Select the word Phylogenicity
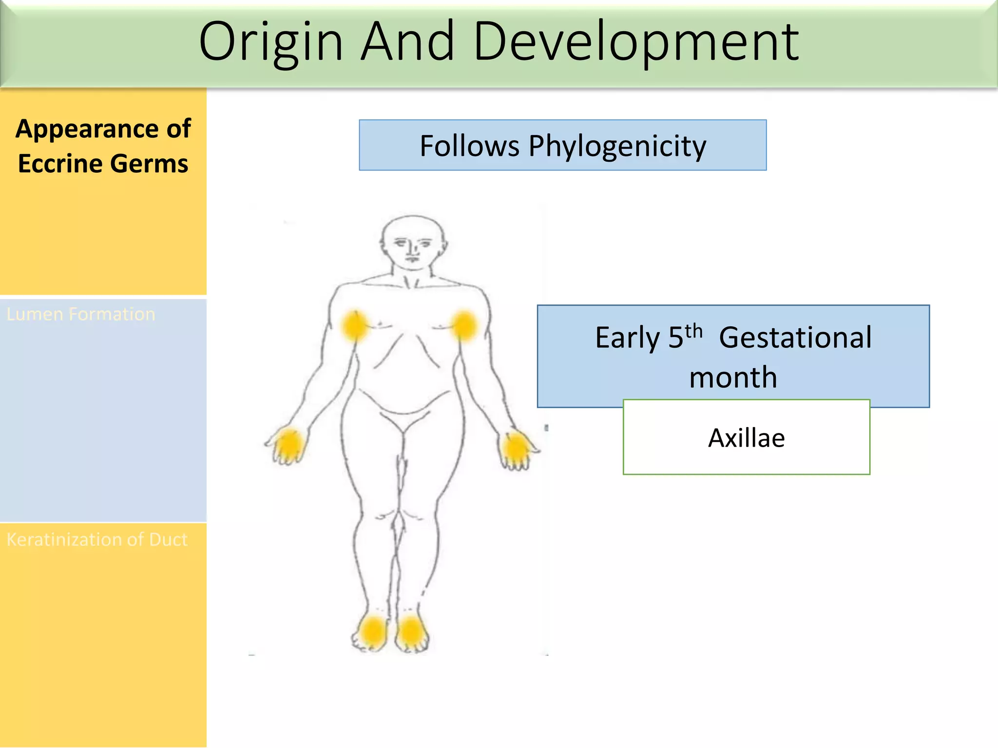point(617,146)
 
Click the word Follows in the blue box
point(469,146)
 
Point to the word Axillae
point(746,438)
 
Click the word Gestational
point(795,337)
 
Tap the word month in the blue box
point(733,377)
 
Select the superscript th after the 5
point(693,331)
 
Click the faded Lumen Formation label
point(81,314)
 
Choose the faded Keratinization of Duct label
point(97,540)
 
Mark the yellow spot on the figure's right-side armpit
point(464,325)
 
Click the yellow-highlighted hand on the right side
point(516,448)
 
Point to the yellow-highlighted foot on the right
point(411,632)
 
